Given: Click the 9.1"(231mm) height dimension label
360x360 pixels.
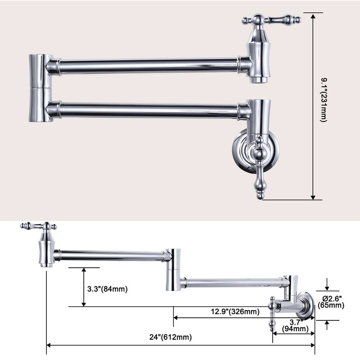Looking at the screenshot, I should tap(323, 106).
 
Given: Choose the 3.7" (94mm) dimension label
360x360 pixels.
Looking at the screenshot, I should tap(295, 325).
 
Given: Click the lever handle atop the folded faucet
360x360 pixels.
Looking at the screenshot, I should tap(271, 20).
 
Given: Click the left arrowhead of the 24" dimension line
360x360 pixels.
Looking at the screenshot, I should tap(49, 346).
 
